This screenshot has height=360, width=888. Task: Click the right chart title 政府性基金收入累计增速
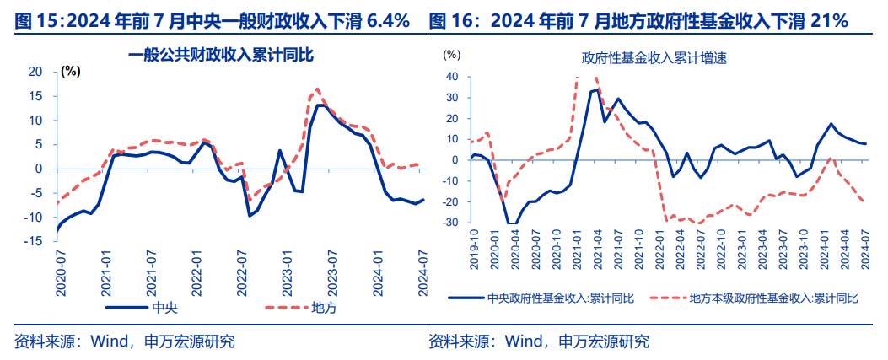[654, 60]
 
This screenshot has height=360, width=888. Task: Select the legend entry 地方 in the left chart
[324, 307]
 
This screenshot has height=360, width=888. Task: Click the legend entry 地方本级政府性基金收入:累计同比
[773, 298]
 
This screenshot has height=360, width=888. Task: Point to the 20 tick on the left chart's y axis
[35, 73]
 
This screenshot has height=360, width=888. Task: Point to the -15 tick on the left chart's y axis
[34, 241]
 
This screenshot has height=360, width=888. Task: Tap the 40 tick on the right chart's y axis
[451, 77]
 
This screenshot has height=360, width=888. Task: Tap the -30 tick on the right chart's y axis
[449, 223]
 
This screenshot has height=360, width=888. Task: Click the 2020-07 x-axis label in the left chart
[61, 271]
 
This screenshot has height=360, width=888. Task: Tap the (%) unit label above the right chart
[452, 55]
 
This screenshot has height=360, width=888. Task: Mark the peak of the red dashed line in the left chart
[317, 89]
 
